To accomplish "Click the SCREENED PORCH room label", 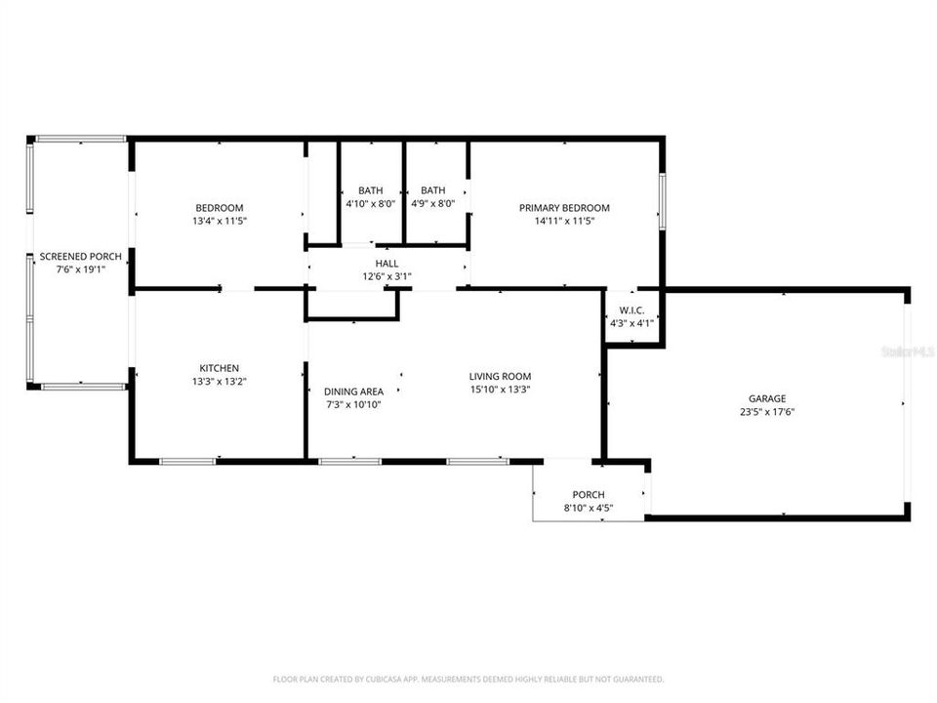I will pyautogui.click(x=80, y=257).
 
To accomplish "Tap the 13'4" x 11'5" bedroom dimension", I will pyautogui.click(x=220, y=222).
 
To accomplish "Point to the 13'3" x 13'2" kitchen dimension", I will pyautogui.click(x=220, y=382).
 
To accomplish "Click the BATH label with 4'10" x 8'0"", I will pyautogui.click(x=370, y=190).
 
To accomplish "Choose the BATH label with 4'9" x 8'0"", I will pyautogui.click(x=432, y=190).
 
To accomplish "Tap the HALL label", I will pyautogui.click(x=387, y=264).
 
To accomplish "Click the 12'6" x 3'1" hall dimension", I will pyautogui.click(x=387, y=276).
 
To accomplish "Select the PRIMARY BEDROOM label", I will pyautogui.click(x=564, y=208).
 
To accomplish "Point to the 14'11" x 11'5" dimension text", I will pyautogui.click(x=564, y=222).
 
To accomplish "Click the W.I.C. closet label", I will pyautogui.click(x=631, y=310).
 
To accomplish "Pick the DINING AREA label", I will pyautogui.click(x=353, y=392).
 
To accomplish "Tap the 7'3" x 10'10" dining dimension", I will pyautogui.click(x=353, y=404).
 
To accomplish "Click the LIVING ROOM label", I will pyautogui.click(x=500, y=376).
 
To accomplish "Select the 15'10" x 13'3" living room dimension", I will pyautogui.click(x=500, y=390).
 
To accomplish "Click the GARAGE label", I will pyautogui.click(x=767, y=398).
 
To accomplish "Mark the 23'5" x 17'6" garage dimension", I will pyautogui.click(x=767, y=412).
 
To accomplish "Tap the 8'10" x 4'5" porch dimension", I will pyautogui.click(x=589, y=508).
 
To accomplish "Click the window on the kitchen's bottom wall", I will pyautogui.click(x=187, y=461).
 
